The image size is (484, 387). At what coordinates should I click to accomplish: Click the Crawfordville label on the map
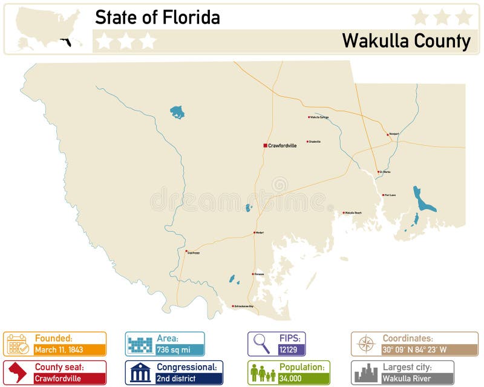(283, 146)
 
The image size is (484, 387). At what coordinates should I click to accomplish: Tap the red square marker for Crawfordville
(265, 145)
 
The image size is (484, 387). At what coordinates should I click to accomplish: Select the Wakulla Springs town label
(319, 117)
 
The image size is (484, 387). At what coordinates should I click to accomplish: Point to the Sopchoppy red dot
(186, 250)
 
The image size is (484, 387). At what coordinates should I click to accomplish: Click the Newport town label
(394, 134)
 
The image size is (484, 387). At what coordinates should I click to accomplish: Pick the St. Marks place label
(385, 172)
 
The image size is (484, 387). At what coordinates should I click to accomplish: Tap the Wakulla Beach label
(353, 213)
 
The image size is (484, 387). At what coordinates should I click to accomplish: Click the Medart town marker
(253, 232)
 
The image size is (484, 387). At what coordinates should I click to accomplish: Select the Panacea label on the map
(259, 274)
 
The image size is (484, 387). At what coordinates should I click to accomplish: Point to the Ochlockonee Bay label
(244, 306)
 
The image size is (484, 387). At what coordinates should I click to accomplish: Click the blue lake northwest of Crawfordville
(177, 112)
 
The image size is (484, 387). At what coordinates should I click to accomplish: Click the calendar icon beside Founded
(18, 343)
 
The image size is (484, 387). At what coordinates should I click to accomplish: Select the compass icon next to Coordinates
(366, 343)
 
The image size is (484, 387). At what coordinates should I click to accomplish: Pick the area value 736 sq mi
(175, 350)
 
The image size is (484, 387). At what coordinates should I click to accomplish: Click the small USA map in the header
(48, 28)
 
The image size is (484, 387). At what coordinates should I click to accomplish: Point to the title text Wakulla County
(406, 41)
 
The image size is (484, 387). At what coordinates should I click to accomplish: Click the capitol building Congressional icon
(140, 372)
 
